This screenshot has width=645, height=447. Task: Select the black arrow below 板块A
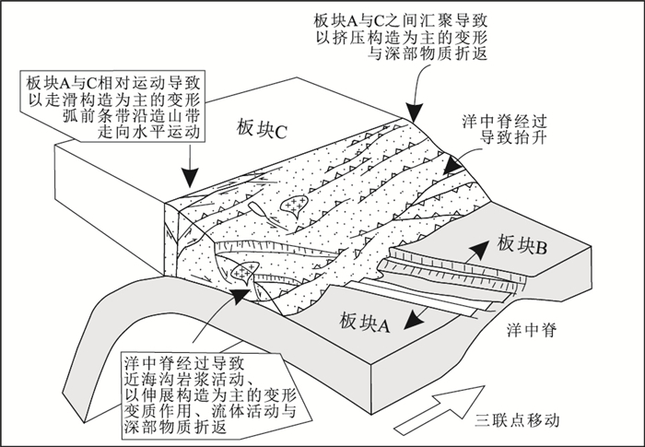[417, 318]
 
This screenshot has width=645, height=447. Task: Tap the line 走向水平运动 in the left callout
[143, 133]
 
